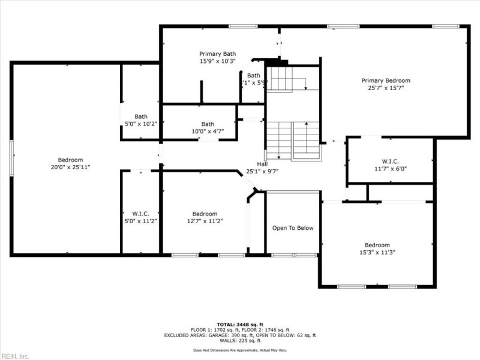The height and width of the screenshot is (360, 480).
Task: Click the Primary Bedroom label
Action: (385, 80)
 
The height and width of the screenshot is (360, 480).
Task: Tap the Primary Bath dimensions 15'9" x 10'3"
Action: (217, 61)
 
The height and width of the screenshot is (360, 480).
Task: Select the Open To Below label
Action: (293, 228)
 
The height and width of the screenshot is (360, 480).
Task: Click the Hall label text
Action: (262, 164)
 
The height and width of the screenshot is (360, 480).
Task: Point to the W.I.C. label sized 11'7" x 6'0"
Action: (390, 161)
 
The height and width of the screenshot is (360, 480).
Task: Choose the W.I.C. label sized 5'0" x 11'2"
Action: (140, 214)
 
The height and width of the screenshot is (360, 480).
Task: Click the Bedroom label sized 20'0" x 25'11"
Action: (70, 160)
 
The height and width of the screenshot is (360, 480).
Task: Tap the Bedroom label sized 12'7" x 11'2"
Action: (205, 214)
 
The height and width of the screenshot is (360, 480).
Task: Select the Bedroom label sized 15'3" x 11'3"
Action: (377, 245)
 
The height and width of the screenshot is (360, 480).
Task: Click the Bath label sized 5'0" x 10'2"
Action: (140, 116)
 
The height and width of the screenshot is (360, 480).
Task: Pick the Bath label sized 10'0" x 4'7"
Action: (208, 124)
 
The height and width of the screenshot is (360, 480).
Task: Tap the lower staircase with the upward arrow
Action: (293, 140)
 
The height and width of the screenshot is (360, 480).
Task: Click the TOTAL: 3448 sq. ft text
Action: (239, 324)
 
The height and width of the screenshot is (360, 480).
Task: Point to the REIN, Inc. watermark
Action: (15, 356)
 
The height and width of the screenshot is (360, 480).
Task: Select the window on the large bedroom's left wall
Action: (11, 158)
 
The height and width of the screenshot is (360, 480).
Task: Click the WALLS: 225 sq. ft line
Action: (239, 341)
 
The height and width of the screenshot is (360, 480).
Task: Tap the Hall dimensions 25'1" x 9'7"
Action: (262, 171)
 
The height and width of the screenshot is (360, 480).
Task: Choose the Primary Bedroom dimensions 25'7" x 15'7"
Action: (385, 88)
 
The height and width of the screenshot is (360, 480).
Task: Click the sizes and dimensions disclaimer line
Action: (239, 349)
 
